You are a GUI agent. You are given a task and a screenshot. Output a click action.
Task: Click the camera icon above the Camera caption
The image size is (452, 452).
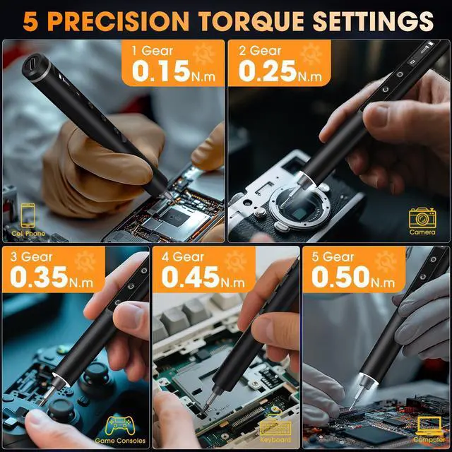[x=422, y=216]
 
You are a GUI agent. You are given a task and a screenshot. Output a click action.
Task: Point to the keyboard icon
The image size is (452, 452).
[x=275, y=426]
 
